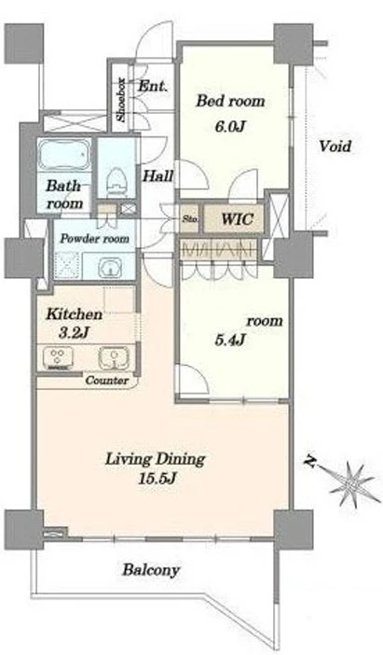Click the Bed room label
point(230,102)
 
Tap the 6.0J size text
point(229,127)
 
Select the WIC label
point(236,218)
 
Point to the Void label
point(335,146)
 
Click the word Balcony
point(151,570)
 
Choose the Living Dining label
point(155,459)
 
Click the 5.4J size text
point(229,341)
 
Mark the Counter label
point(107,381)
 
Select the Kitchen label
point(74,314)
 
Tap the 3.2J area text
point(74,334)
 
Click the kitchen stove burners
point(56,358)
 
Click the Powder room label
point(95,239)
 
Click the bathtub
point(64,155)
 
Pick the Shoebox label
point(121,100)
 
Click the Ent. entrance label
point(153,87)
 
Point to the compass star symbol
point(352,483)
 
